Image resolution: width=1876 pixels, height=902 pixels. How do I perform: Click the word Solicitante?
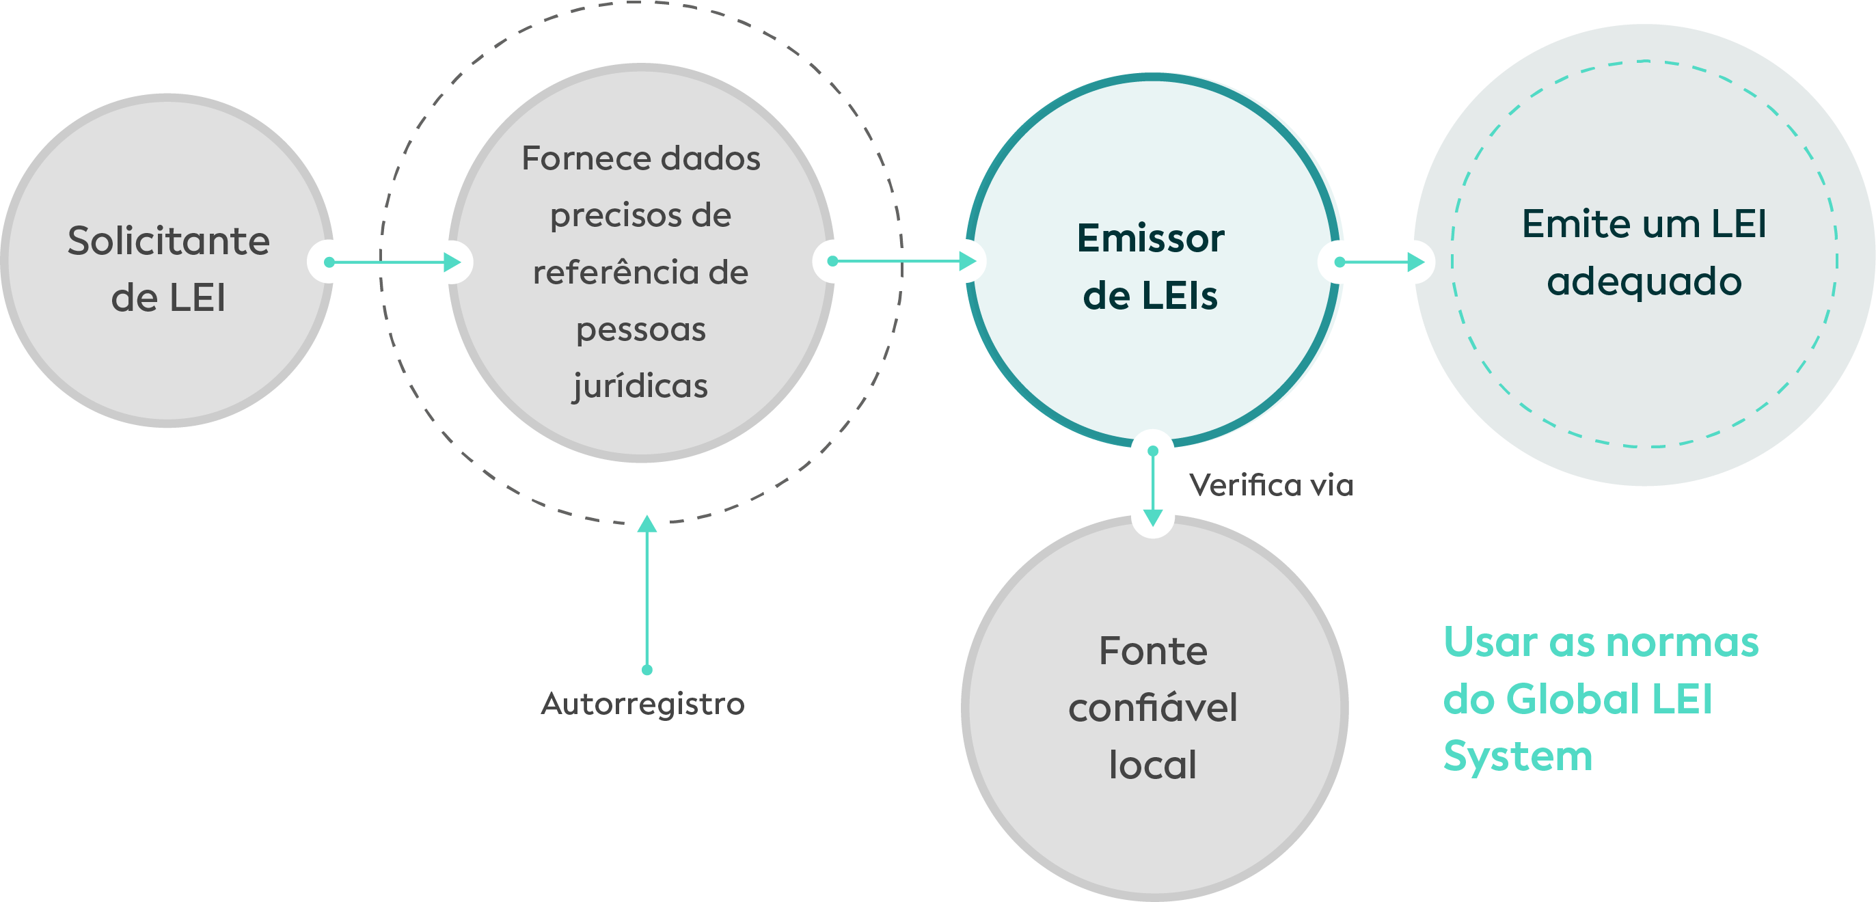(168, 241)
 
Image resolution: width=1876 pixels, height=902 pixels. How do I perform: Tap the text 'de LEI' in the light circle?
(168, 298)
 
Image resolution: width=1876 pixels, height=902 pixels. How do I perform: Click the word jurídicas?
(640, 386)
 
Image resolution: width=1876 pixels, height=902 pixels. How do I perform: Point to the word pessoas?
(641, 330)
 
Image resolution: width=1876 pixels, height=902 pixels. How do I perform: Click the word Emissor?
(1151, 238)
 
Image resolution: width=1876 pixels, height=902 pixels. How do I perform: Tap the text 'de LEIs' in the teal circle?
(1150, 296)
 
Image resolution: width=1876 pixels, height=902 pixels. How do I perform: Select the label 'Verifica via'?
(1270, 485)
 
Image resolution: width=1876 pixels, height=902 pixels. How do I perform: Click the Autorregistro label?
(642, 704)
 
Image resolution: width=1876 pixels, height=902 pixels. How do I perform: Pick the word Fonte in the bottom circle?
(1153, 651)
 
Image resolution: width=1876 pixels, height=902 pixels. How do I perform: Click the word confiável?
(1153, 708)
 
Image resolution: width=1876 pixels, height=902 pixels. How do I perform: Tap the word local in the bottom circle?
(1153, 765)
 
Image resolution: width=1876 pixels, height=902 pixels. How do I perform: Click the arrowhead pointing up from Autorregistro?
(647, 525)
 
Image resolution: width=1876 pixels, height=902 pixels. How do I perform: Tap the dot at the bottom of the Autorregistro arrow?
(647, 670)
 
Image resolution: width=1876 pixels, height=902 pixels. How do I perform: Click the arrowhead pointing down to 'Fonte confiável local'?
(1153, 517)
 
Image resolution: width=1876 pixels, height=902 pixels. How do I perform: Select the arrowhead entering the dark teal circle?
(1416, 262)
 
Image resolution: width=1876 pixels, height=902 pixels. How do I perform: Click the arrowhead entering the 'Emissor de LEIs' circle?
(967, 261)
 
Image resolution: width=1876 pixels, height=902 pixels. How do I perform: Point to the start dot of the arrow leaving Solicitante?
(329, 262)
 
